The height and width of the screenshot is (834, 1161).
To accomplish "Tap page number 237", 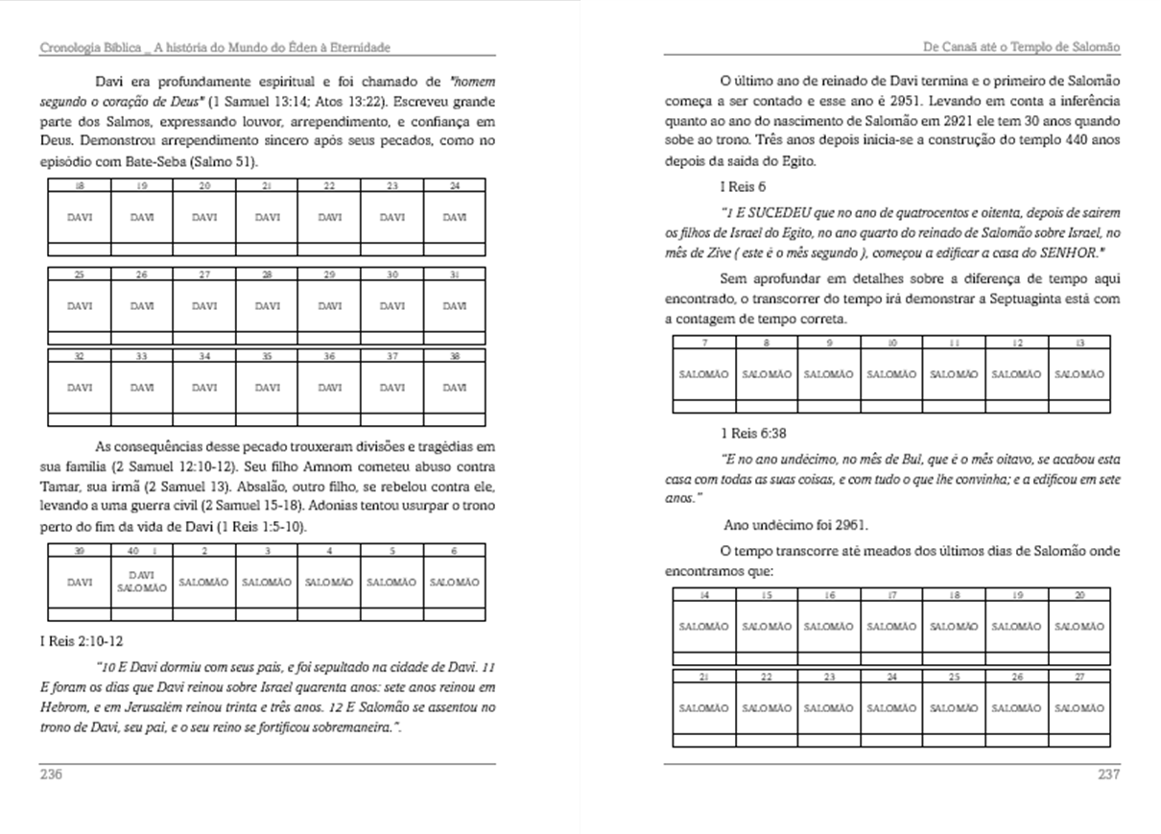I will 1108,774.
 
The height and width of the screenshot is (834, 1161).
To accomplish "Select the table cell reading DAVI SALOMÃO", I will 142,582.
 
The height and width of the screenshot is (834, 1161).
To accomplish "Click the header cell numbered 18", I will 81,185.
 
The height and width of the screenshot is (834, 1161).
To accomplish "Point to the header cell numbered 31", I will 454,274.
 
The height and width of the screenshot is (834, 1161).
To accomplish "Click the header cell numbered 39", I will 81,551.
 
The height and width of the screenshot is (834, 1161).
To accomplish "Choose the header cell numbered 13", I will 1078,342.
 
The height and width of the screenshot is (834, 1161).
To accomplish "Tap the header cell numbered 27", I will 1078,677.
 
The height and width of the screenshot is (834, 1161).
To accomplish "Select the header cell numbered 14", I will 703,595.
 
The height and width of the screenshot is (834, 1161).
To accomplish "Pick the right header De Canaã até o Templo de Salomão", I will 1021,47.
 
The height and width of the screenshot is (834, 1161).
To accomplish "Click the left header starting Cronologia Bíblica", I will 215,47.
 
